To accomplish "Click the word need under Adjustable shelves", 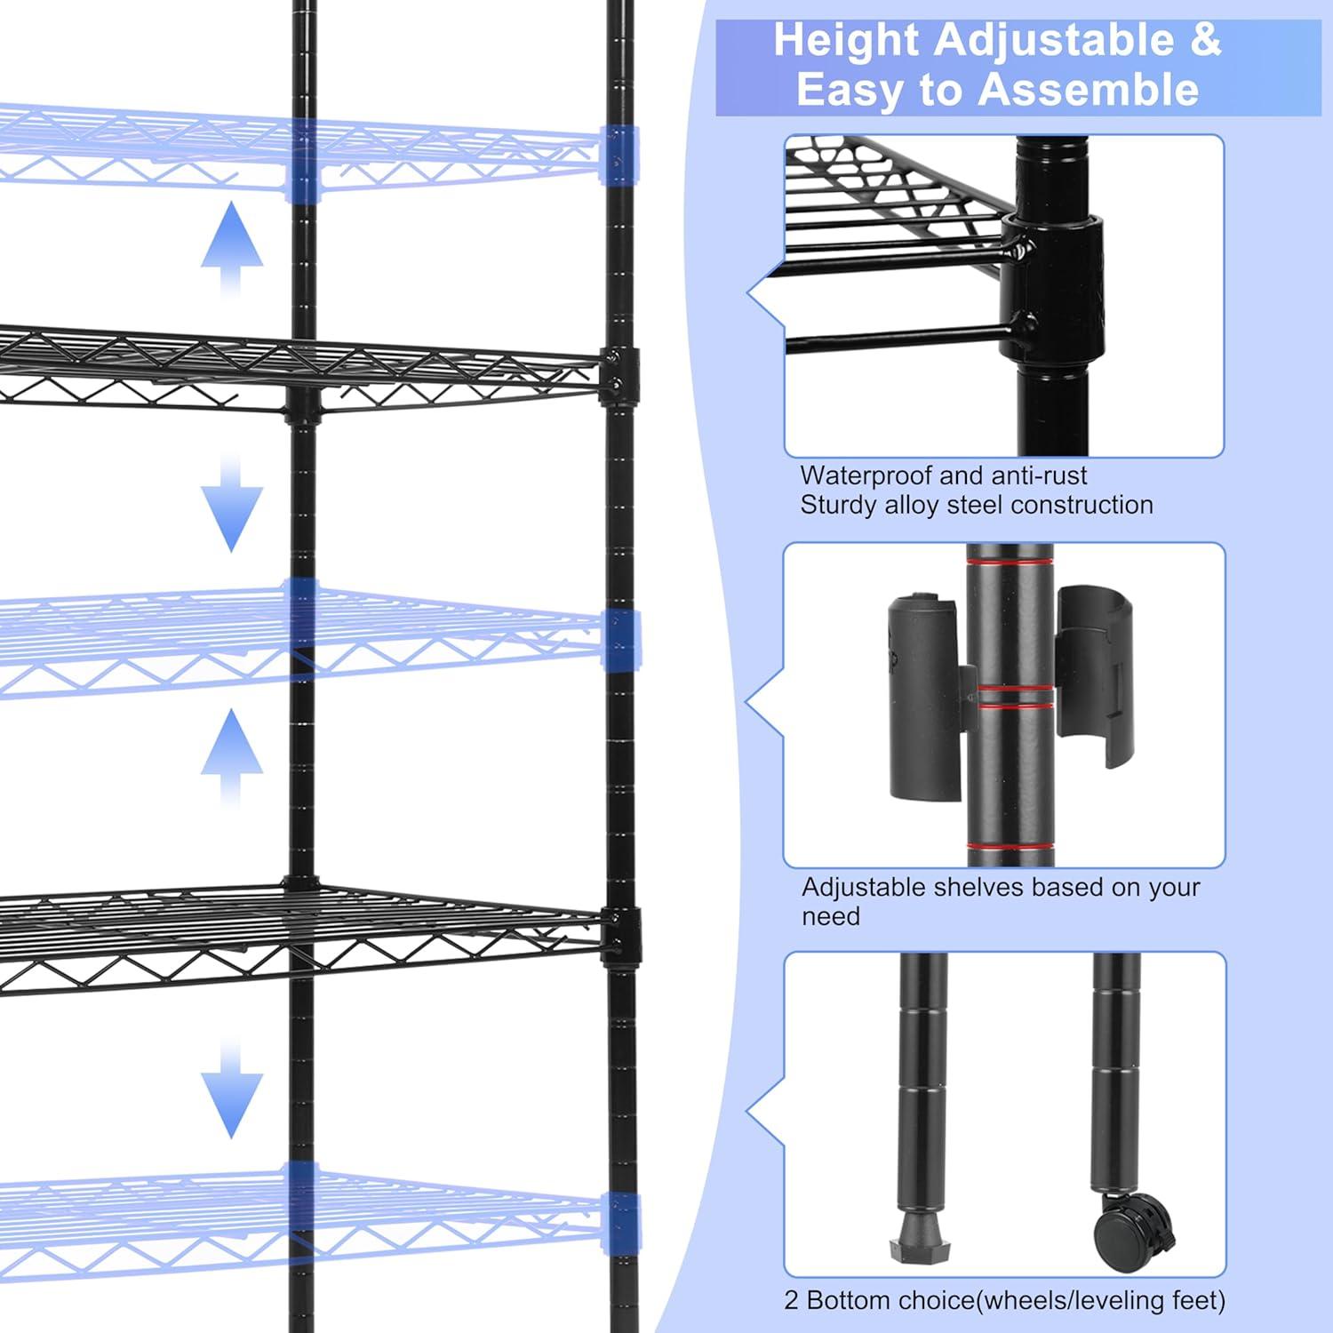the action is coord(831,917).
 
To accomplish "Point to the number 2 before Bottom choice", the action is coord(791,1301).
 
